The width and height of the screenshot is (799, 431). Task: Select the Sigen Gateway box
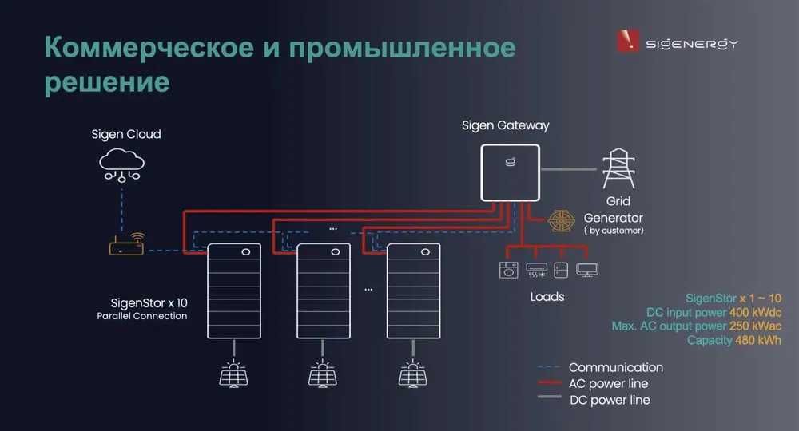coord(509,172)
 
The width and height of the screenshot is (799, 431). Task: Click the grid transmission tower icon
coord(619,168)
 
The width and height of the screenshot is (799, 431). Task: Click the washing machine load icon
coord(507,270)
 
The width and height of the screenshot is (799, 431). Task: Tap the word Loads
coord(547,297)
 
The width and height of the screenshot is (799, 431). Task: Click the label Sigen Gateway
coord(506,126)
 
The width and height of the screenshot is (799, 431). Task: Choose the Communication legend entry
coord(615,368)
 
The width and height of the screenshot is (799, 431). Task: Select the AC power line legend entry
coord(608,384)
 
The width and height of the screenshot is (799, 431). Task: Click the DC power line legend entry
coord(610,400)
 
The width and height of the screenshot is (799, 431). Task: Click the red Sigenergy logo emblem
coord(628,41)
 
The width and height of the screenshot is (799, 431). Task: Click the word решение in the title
coord(107,82)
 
